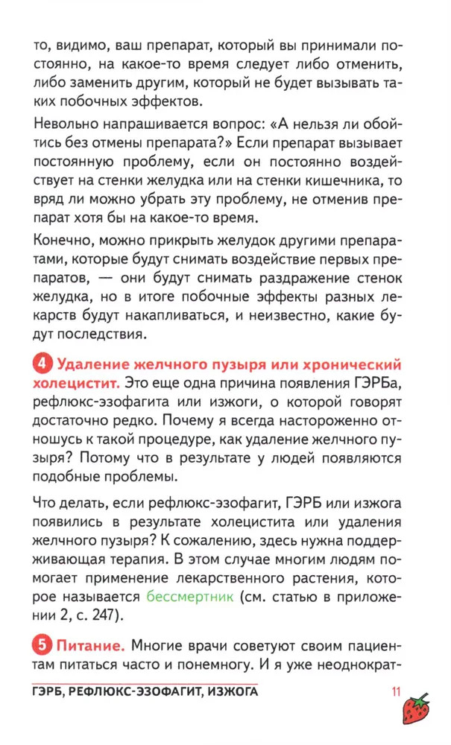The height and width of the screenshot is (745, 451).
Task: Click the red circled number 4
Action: [x=42, y=366]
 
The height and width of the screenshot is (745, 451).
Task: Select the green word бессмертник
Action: [x=190, y=596]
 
